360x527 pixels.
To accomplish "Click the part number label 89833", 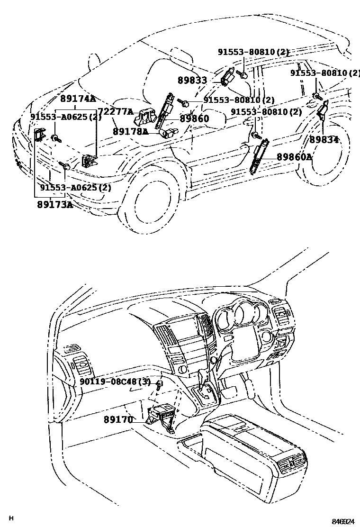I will pyautogui.click(x=192, y=81).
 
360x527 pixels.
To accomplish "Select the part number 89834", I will pyautogui.click(x=324, y=139).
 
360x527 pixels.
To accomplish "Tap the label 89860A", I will pyautogui.click(x=294, y=156).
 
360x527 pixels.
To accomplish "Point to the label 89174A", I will pyautogui.click(x=78, y=99).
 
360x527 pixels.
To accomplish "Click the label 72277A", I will pyautogui.click(x=115, y=112).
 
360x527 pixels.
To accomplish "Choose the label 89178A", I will pyautogui.click(x=130, y=132).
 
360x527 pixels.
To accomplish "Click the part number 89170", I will pyautogui.click(x=118, y=419).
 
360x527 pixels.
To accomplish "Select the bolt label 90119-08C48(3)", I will pyautogui.click(x=115, y=382).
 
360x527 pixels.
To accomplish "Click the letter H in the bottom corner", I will pyautogui.click(x=11, y=518).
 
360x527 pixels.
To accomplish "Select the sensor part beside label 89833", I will pyautogui.click(x=227, y=76).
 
